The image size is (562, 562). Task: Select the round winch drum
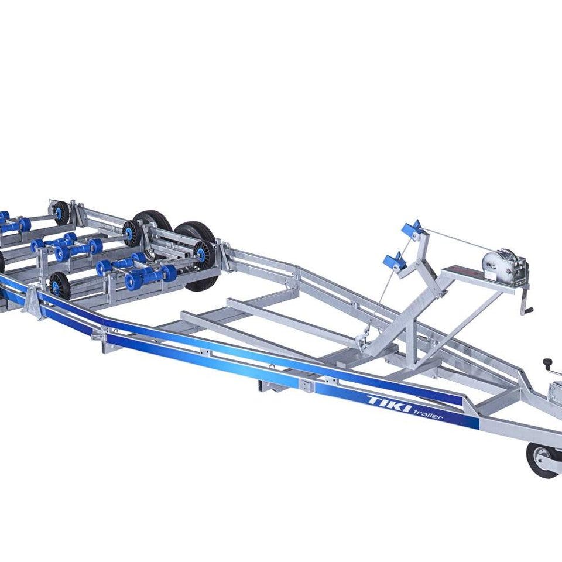492,265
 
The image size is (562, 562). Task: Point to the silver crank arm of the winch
525,300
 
